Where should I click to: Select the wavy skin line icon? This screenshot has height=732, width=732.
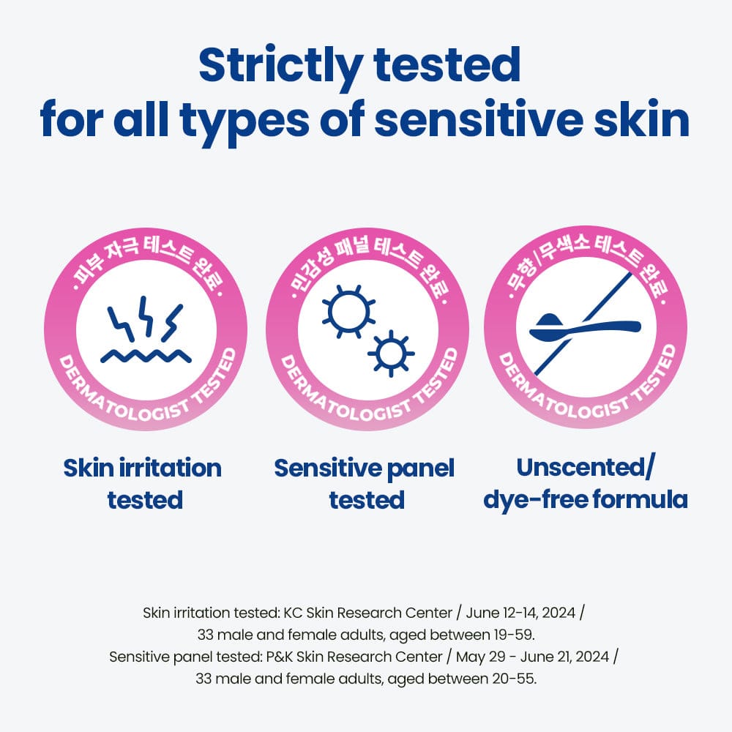[146, 356]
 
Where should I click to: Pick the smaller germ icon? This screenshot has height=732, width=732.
[391, 354]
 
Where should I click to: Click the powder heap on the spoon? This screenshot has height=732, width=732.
[550, 321]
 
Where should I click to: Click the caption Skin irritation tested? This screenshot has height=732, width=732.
[143, 484]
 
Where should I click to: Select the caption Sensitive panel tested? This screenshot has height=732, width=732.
[365, 484]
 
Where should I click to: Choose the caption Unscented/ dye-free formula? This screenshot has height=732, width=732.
[586, 482]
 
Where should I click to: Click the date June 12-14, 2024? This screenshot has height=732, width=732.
[520, 613]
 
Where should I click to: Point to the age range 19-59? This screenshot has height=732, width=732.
[513, 635]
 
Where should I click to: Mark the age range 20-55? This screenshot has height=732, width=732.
[513, 679]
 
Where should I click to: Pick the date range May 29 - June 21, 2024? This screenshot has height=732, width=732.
[533, 657]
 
